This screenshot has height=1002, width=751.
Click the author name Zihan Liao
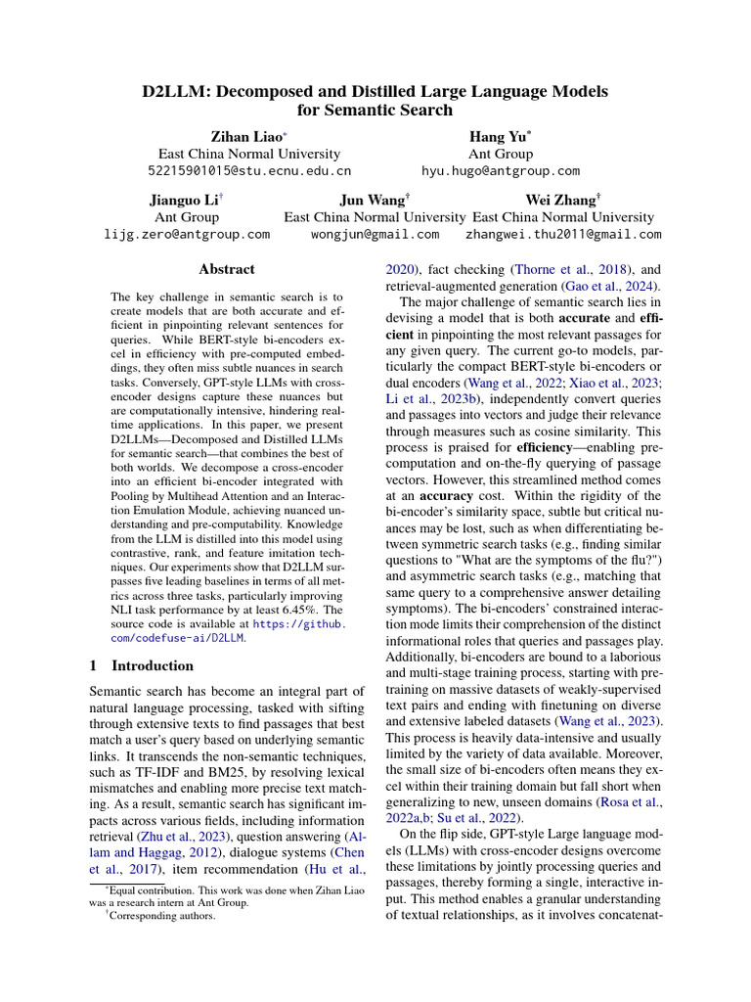[x=246, y=137]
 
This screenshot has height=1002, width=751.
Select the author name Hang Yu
[x=499, y=137]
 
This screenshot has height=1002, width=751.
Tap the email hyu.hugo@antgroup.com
[x=501, y=170]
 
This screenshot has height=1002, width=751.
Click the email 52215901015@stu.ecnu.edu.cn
[x=249, y=170]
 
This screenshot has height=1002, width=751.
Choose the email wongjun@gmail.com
[x=375, y=235]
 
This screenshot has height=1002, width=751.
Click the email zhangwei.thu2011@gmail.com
[x=563, y=235]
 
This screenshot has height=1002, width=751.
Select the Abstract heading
[x=227, y=269]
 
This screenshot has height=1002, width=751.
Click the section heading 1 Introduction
[x=141, y=665]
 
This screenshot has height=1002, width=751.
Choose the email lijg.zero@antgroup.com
[x=187, y=235]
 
